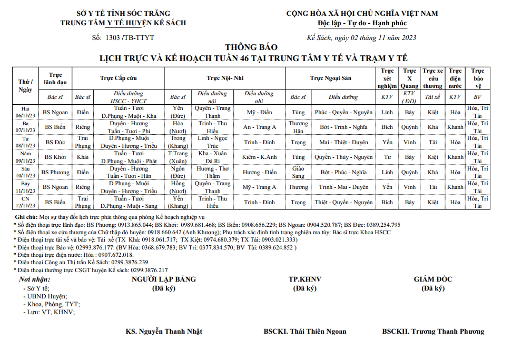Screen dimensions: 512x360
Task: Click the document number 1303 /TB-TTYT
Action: pyautogui.click(x=130, y=37)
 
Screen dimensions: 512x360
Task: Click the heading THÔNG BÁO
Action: pyautogui.click(x=254, y=47)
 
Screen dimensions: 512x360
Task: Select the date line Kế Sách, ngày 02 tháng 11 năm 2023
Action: pyautogui.click(x=362, y=37)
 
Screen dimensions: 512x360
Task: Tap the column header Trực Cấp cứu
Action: pyautogui.click(x=119, y=78)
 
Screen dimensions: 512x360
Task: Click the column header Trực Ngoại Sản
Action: pyautogui.click(x=330, y=78)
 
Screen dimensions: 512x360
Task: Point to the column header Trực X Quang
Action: pyautogui.click(x=409, y=78)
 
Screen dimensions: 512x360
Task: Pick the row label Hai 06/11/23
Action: pyautogui.click(x=25, y=112)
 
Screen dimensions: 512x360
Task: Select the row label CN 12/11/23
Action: pyautogui.click(x=25, y=202)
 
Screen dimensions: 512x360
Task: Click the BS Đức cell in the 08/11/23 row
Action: pyautogui.click(x=55, y=142)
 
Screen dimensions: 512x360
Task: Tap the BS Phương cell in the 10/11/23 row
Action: pyautogui.click(x=55, y=172)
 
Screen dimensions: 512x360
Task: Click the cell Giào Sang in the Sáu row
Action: pyautogui.click(x=298, y=172)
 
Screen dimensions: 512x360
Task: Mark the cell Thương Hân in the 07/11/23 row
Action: pyautogui.click(x=298, y=127)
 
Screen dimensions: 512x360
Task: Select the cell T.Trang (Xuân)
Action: pyautogui.click(x=178, y=157)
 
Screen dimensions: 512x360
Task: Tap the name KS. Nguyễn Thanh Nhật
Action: pyautogui.click(x=164, y=331)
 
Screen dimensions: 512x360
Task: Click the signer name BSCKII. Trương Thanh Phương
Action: pyautogui.click(x=433, y=331)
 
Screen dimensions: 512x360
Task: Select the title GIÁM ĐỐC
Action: pyautogui.click(x=432, y=279)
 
